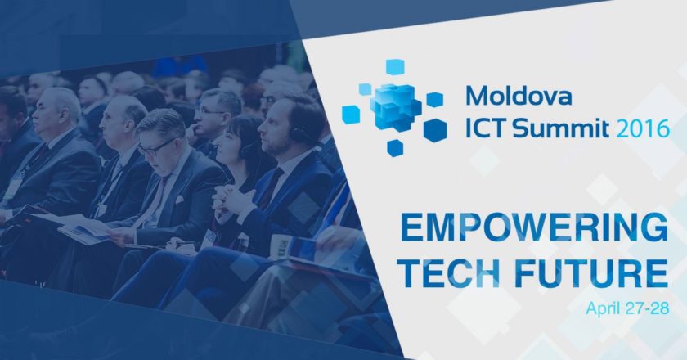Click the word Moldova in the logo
[519, 95]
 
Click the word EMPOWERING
[535, 227]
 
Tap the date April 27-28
[627, 308]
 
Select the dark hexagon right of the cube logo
[435, 130]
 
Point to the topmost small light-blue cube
[395, 67]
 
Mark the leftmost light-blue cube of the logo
[351, 115]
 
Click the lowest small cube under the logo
[395, 148]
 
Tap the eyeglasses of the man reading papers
[155, 147]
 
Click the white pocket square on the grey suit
[179, 200]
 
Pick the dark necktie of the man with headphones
[271, 187]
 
